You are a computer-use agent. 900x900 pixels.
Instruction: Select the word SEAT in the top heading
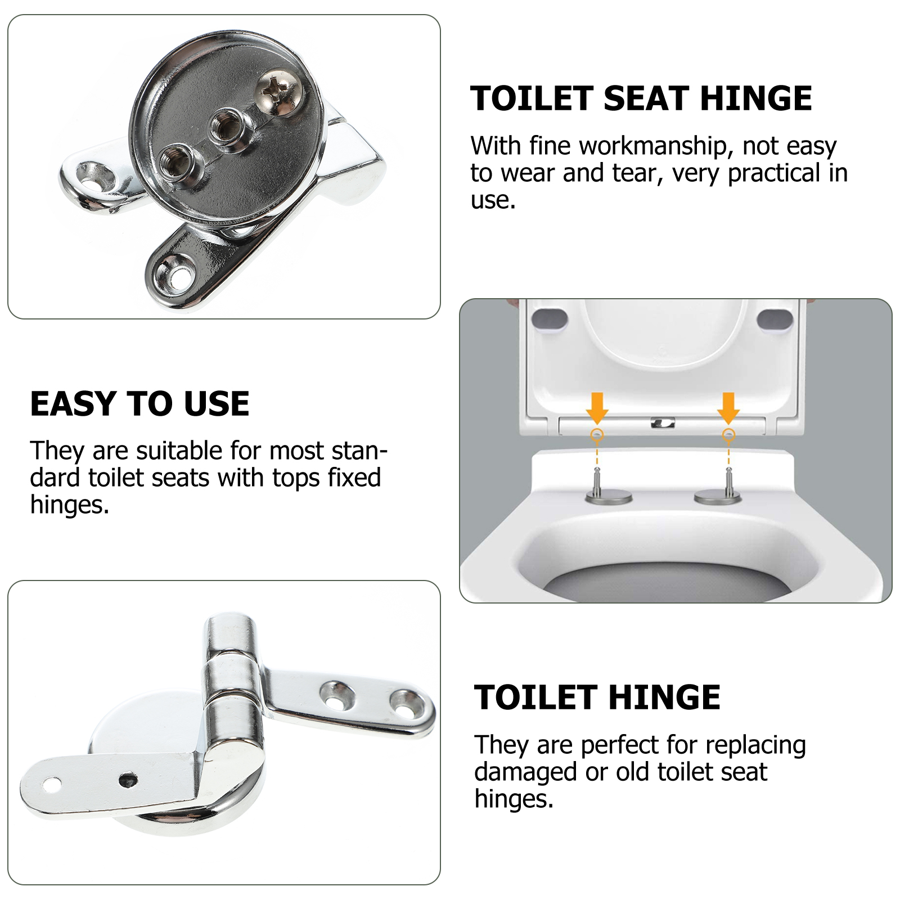[646, 98]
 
